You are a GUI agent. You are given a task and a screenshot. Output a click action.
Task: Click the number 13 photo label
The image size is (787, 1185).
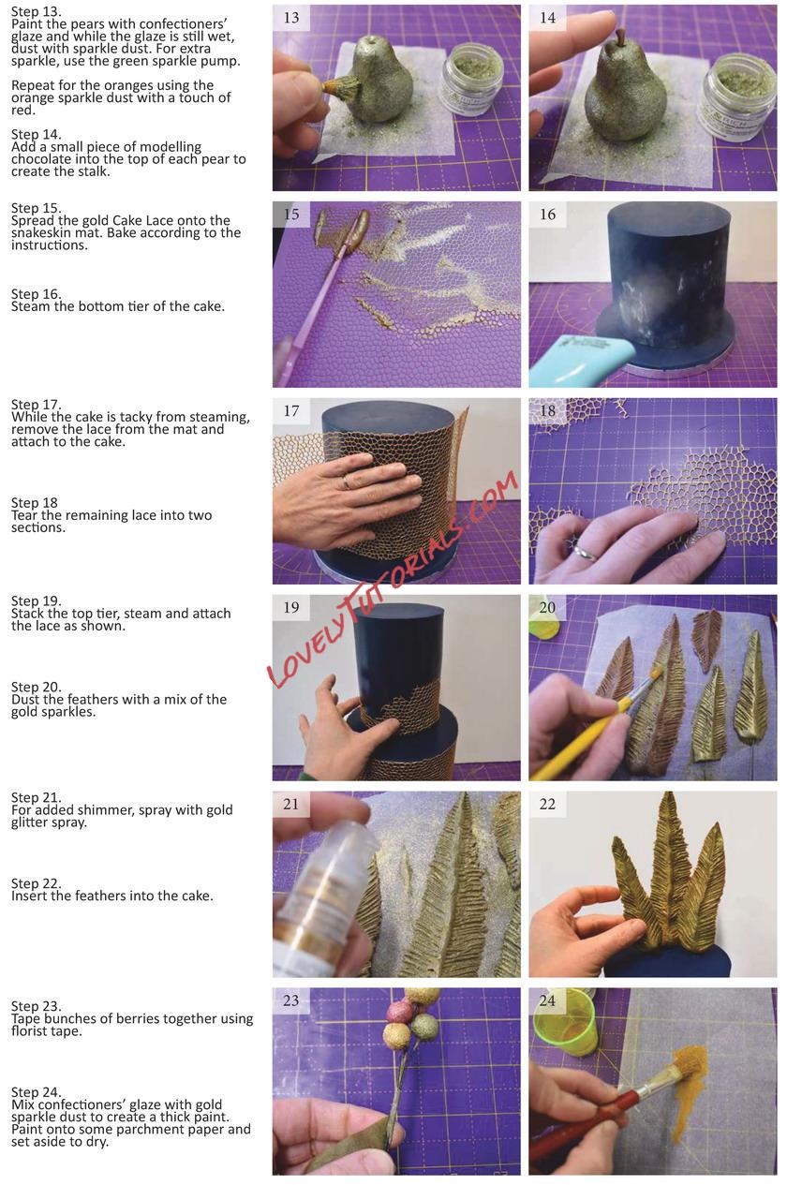tap(291, 18)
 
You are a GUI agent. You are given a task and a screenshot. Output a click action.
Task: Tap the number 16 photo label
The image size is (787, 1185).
tap(547, 214)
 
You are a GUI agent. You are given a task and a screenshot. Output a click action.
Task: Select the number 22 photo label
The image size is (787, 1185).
tap(547, 804)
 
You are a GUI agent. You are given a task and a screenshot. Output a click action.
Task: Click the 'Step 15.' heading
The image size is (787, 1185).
tap(36, 208)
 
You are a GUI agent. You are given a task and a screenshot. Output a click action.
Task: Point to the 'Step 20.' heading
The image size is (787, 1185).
tap(36, 687)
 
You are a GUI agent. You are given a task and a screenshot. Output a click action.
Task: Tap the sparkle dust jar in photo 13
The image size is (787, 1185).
tap(473, 80)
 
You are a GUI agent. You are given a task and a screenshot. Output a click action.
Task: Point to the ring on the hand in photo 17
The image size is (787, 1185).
tap(345, 481)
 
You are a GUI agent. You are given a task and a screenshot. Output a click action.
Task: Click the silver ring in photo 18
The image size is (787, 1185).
tap(585, 553)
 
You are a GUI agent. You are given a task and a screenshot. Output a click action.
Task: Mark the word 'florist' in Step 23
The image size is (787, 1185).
tap(28, 1031)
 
